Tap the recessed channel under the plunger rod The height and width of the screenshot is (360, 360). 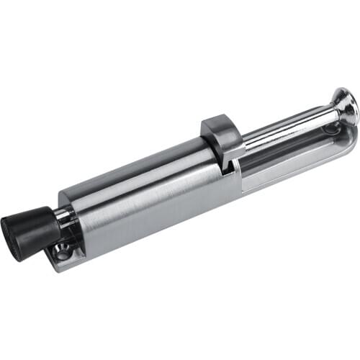pos(288,155)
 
